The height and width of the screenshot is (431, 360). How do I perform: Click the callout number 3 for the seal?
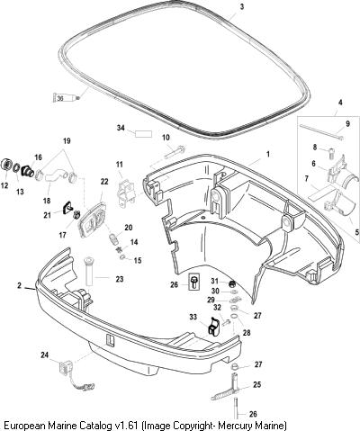click(x=242, y=7)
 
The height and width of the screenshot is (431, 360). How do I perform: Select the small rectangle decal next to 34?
click(x=144, y=134)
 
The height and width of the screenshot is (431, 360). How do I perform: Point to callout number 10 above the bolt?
click(x=166, y=138)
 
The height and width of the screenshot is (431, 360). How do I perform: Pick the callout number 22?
click(x=104, y=182)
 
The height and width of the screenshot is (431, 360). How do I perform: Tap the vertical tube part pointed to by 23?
click(x=89, y=271)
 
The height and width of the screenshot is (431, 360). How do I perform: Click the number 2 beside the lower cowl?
click(x=19, y=285)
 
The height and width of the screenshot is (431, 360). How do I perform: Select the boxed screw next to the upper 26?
click(x=193, y=282)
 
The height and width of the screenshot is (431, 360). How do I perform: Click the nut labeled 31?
click(x=232, y=283)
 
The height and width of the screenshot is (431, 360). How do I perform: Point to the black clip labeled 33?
click(x=213, y=326)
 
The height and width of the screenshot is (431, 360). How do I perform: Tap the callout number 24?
click(x=45, y=355)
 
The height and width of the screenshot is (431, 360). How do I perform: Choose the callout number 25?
click(x=257, y=384)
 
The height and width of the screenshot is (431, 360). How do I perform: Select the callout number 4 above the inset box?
click(x=340, y=103)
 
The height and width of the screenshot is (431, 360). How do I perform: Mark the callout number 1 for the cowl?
click(x=268, y=154)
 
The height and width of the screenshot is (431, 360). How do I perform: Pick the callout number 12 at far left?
click(x=4, y=185)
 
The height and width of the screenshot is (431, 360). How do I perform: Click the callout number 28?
click(x=247, y=333)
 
